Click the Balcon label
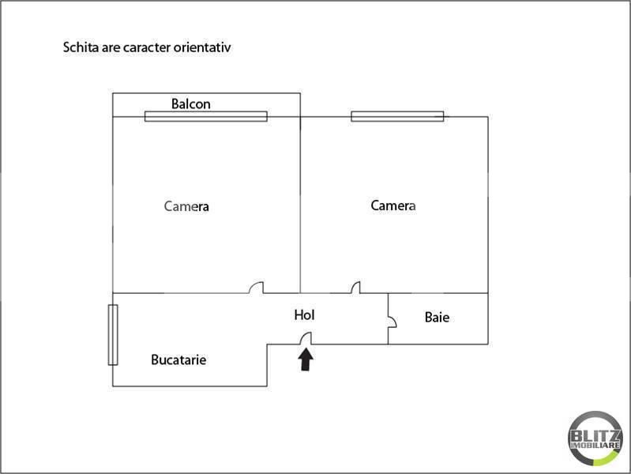(191, 104)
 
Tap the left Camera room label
(186, 206)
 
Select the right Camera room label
(393, 205)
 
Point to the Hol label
(304, 315)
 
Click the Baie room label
(437, 318)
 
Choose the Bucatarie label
(178, 359)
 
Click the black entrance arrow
(306, 359)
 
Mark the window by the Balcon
(206, 116)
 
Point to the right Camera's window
(397, 116)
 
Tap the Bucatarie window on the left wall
(113, 335)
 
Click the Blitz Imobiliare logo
(595, 438)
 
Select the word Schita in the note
(81, 47)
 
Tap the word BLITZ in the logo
(595, 435)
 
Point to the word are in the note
(111, 48)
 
